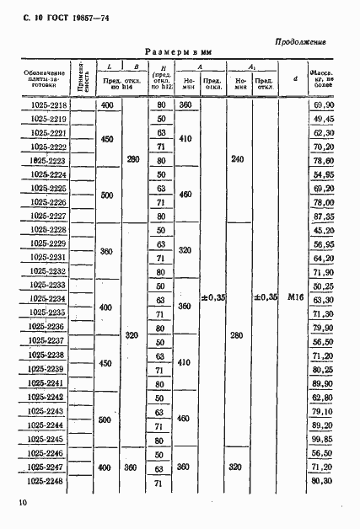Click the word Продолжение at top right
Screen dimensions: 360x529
point(301,41)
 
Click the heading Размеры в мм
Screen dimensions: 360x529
point(178,52)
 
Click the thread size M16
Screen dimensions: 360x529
point(294,297)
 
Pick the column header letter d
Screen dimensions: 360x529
point(294,80)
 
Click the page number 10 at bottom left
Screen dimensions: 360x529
point(21,503)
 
